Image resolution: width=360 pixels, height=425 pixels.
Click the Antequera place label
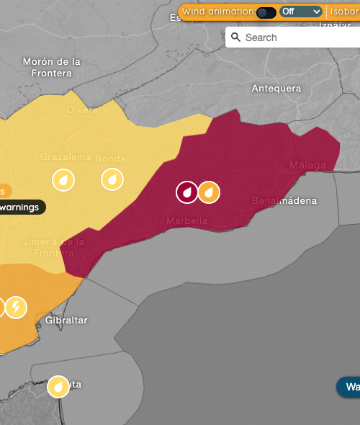coord(276,89)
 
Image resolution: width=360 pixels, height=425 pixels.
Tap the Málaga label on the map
coord(307,166)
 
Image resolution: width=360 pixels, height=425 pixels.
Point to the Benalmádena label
coord(284,200)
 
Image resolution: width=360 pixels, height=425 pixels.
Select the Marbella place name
coord(186,220)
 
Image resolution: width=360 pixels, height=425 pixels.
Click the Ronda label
coord(110,158)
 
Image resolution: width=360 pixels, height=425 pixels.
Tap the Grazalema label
coord(65,156)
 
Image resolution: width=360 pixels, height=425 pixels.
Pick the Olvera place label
coord(82,109)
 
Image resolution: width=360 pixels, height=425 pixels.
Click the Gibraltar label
coord(66,320)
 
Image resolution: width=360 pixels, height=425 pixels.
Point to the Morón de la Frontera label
coord(52,67)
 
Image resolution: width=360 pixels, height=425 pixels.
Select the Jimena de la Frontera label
coord(48,247)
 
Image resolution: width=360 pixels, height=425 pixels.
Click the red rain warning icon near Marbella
coord(187,192)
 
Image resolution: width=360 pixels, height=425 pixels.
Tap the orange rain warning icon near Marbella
coord(209,192)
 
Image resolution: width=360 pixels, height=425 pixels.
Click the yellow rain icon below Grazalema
coord(63,179)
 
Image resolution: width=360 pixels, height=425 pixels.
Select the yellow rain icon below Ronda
coord(112,179)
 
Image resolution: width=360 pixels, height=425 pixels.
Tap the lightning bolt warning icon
coord(16,308)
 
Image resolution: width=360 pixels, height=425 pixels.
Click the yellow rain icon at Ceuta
coord(58,387)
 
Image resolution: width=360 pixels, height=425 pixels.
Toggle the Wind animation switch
coord(266,12)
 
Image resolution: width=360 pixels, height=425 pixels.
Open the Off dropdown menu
coord(301,12)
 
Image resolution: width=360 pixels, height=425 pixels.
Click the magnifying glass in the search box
coord(235,37)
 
